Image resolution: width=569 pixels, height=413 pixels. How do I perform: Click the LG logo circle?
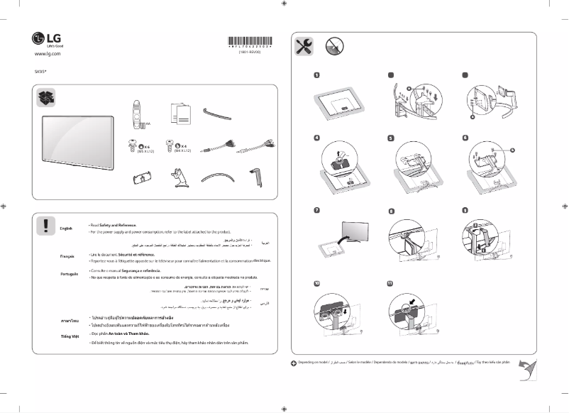[x=39, y=38]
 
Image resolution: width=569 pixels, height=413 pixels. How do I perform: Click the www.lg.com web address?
[x=48, y=54]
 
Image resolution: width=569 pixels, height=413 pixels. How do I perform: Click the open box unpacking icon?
[x=45, y=99]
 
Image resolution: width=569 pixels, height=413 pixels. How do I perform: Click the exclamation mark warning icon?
[x=45, y=225]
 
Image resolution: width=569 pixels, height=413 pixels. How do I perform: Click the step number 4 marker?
[x=316, y=137]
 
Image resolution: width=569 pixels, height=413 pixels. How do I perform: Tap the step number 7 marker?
[x=316, y=210]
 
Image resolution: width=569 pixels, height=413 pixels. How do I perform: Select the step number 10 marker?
[x=316, y=283]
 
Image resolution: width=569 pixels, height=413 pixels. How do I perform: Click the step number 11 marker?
[x=390, y=283]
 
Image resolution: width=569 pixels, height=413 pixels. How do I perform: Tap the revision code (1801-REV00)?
[x=250, y=53]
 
